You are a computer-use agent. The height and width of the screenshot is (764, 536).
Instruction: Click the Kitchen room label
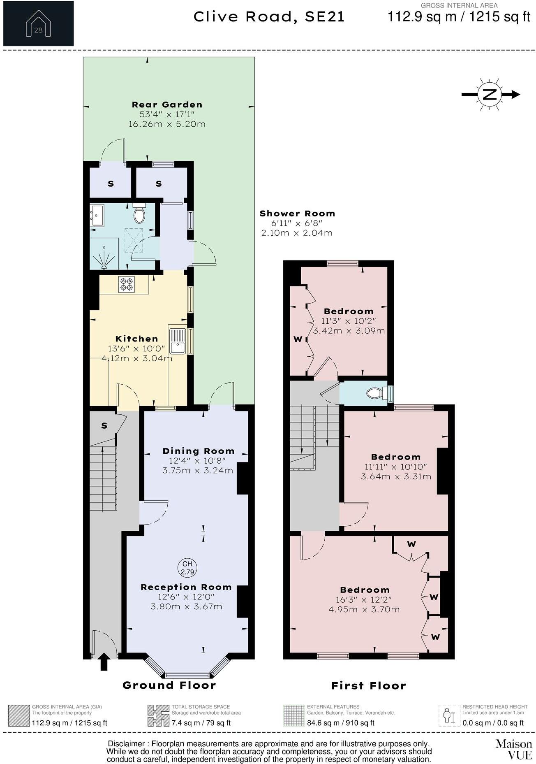[136, 339]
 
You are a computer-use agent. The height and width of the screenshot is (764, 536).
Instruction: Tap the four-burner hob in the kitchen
[126, 284]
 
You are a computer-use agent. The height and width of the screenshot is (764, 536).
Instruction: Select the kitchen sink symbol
[178, 341]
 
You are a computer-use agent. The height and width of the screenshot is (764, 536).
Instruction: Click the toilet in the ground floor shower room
[139, 214]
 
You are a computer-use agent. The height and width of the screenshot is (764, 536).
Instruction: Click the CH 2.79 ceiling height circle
[187, 568]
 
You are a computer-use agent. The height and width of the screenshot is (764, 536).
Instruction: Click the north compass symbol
[489, 94]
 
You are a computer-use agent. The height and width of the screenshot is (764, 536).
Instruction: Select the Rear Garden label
[167, 104]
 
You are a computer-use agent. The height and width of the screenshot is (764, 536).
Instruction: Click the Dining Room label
[198, 451]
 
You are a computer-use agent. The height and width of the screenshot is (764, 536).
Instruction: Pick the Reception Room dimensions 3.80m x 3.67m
[187, 606]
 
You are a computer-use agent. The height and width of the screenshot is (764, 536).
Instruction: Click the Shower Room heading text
[297, 214]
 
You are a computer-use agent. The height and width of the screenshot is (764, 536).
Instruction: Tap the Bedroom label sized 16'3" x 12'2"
[365, 590]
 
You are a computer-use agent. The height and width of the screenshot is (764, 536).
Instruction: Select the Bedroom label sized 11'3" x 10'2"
[349, 311]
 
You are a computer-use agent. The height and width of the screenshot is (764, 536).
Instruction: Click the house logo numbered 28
[38, 23]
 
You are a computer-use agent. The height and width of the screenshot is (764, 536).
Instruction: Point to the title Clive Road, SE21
[269, 17]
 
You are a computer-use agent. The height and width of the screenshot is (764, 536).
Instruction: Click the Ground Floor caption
[169, 685]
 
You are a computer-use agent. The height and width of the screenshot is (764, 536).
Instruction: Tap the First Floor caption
[368, 685]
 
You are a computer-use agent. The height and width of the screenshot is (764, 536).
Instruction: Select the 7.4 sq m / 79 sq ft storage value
[201, 723]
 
